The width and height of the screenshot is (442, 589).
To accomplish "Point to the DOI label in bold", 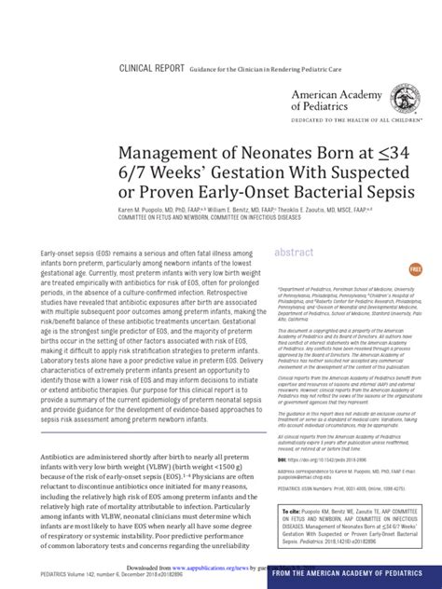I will pos(281,459).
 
